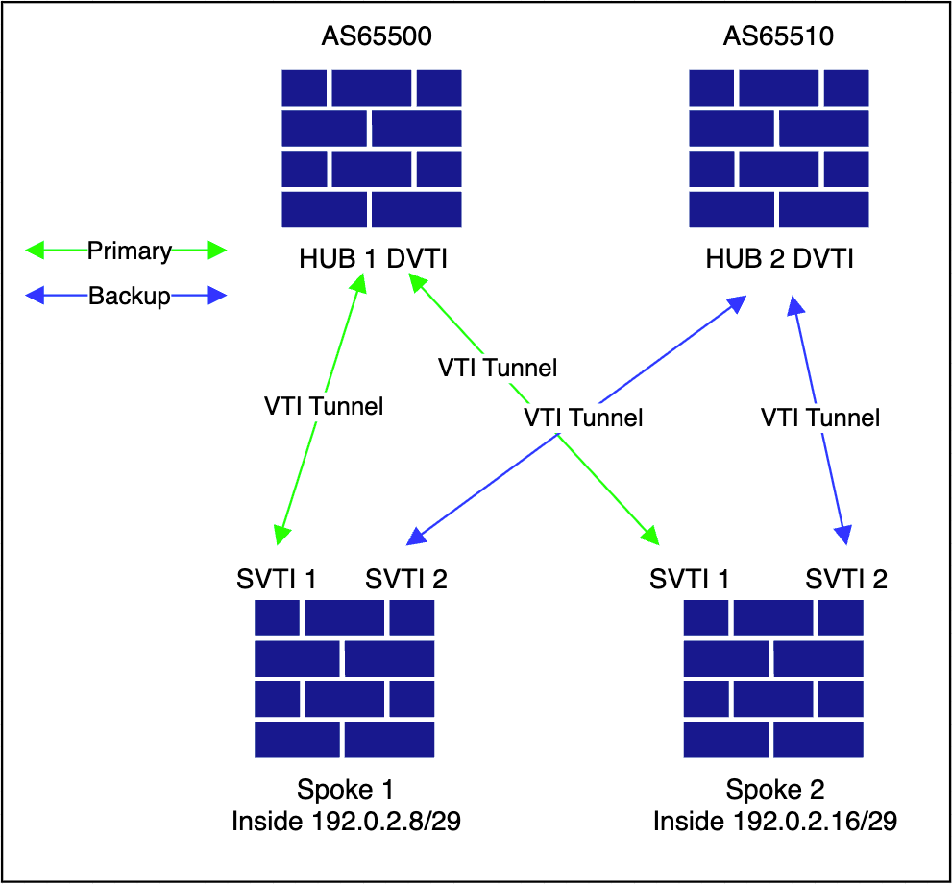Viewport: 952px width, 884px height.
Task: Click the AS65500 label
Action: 377,37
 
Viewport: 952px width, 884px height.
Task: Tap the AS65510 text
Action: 778,37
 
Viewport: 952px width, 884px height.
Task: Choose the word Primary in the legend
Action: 130,251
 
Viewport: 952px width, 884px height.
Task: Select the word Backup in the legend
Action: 130,296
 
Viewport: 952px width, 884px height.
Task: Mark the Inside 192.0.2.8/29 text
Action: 346,822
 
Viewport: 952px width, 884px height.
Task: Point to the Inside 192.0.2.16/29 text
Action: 775,822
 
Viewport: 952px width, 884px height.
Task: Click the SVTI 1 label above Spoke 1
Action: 277,579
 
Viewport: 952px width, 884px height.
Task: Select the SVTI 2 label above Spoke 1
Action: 405,579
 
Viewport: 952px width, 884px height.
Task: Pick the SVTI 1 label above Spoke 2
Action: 690,579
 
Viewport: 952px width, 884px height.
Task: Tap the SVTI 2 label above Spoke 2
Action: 846,579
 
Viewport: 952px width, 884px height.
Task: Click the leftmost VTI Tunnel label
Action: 324,406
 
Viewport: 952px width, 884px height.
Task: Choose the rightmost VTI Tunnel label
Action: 819,418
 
